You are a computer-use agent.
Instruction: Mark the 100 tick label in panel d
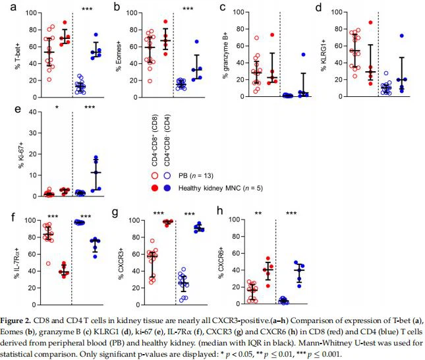coord(341,11)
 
